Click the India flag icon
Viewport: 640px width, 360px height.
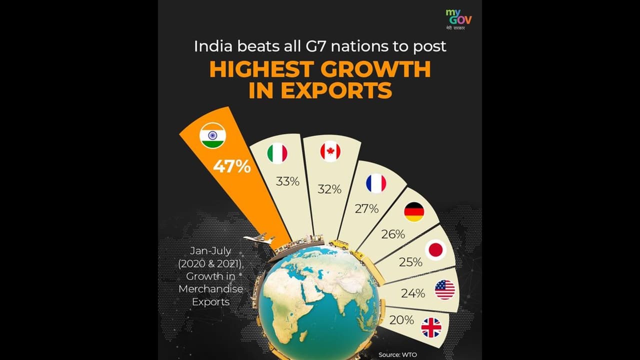212,135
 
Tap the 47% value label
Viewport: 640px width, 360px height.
231,166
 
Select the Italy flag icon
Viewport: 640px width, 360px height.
277,153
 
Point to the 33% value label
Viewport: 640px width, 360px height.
287,181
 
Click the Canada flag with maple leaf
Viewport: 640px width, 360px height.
330,152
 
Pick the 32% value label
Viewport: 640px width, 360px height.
329,189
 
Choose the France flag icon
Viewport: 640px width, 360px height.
376,183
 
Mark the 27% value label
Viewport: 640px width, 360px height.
366,209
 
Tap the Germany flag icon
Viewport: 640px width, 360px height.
414,212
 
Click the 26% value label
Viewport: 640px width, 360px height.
393,233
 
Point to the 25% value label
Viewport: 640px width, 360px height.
410,262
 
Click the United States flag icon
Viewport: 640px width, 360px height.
445,289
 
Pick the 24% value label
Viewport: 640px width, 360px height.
412,293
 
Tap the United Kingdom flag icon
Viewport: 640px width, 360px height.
431,328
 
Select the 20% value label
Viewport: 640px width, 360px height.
401,319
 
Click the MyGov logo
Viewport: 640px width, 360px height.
458,20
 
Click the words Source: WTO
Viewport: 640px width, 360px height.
398,354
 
